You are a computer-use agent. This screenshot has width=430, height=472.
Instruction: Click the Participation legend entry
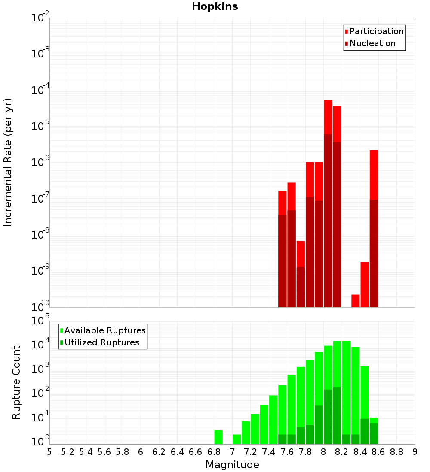pos(377,31)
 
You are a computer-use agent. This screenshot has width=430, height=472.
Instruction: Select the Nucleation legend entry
pos(372,43)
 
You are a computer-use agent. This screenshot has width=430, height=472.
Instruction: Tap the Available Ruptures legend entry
pos(105,330)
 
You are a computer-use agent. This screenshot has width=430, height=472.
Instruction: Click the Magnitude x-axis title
pos(232,465)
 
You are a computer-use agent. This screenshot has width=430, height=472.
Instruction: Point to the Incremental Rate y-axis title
pos(8,162)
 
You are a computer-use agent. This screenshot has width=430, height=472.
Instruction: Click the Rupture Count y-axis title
pos(16,382)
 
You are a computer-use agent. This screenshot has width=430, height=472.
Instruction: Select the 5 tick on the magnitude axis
pos(49,452)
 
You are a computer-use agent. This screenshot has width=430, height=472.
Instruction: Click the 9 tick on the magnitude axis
pos(415,452)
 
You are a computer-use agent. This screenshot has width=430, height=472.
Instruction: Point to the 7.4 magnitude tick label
pos(269,452)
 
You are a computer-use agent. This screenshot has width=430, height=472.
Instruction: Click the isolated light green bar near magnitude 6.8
pos(218,437)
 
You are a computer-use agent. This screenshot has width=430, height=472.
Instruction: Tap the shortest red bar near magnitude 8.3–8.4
pos(356,301)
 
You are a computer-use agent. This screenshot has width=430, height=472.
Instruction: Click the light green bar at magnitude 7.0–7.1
pos(236,439)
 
